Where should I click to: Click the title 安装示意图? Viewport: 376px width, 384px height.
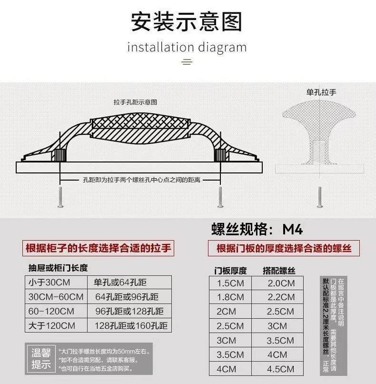click(187, 21)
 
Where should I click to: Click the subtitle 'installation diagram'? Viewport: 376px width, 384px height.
click(187, 47)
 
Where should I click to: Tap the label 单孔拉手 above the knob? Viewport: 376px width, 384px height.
click(321, 92)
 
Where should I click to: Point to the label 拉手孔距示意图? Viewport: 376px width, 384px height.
click(135, 102)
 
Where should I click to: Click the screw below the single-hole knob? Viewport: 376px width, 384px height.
click(319, 197)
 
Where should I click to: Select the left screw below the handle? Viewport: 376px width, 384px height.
click(60, 197)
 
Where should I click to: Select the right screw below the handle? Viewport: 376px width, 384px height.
click(220, 197)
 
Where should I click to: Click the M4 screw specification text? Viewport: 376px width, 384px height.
click(257, 229)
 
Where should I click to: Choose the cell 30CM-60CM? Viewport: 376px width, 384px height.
click(56, 297)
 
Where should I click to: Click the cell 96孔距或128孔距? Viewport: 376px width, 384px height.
click(129, 311)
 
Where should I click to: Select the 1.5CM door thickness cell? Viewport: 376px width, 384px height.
click(230, 283)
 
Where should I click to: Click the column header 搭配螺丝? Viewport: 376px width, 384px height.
click(279, 271)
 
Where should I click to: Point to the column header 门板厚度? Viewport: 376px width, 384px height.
click(230, 271)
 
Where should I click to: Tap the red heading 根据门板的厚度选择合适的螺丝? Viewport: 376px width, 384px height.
click(284, 248)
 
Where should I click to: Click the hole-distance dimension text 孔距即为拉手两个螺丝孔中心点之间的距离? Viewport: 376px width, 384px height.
click(141, 180)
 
